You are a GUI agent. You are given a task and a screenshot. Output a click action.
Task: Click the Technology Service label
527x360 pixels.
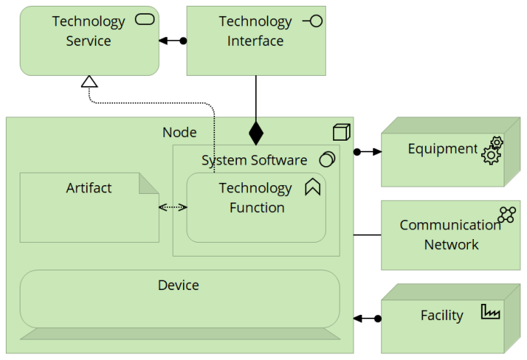click(88, 31)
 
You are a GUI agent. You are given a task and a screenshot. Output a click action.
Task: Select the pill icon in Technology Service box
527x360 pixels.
click(145, 20)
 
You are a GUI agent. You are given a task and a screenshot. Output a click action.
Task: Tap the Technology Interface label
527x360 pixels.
click(255, 31)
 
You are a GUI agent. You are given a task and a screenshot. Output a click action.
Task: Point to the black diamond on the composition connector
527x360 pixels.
click(255, 133)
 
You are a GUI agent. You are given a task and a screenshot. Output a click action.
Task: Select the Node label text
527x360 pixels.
click(179, 132)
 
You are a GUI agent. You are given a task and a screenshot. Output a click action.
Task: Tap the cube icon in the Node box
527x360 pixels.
click(341, 132)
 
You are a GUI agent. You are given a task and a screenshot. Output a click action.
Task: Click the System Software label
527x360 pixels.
click(254, 160)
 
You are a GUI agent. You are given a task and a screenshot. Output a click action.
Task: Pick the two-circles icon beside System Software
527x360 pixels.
click(327, 160)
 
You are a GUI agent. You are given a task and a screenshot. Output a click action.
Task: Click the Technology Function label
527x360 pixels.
click(255, 197)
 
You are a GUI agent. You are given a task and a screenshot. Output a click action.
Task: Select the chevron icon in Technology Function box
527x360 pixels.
click(313, 187)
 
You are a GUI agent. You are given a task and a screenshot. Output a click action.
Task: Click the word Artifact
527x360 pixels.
click(89, 188)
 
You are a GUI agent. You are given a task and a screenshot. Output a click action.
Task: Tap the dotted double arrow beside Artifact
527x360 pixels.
click(173, 208)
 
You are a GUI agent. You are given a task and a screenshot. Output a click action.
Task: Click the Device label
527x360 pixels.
click(179, 285)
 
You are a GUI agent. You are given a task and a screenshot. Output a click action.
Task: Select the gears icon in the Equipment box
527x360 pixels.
click(492, 150)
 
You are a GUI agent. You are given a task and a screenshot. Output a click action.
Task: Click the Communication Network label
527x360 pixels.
click(450, 235)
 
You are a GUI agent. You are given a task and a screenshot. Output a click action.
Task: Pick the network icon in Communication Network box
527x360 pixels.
click(507, 214)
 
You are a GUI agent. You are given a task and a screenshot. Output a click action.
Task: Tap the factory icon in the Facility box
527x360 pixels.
click(491, 312)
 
